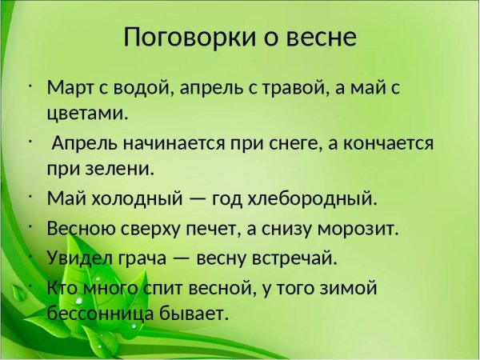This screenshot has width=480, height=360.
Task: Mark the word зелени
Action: (122, 169)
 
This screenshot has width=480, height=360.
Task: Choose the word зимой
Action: (344, 288)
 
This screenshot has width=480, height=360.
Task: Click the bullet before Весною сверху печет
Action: (29, 226)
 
